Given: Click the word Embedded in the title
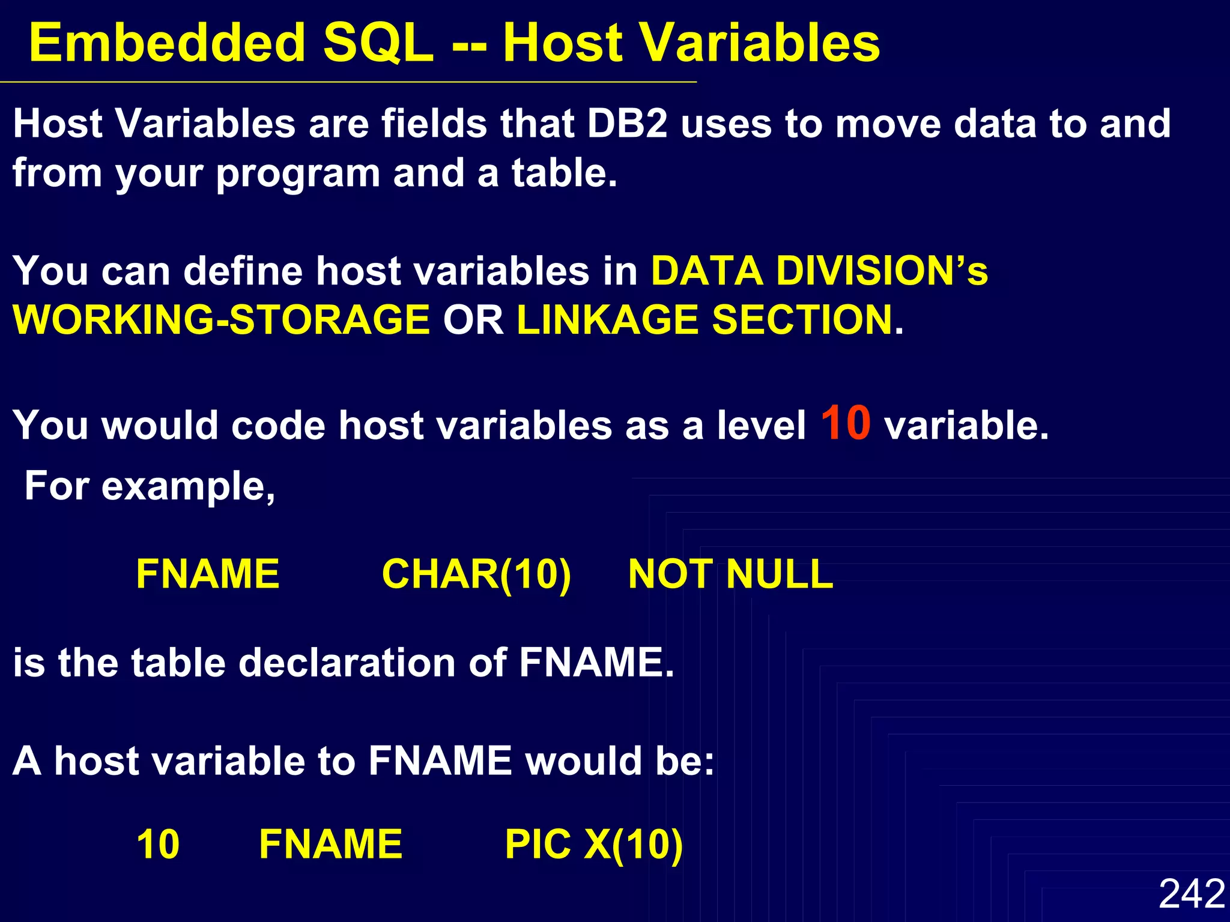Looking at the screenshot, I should [167, 43].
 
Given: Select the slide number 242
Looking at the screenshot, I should [1192, 893].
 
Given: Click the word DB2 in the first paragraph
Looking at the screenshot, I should [627, 124].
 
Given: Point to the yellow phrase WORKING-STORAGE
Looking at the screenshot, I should [221, 319].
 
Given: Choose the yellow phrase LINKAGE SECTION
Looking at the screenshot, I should [704, 319].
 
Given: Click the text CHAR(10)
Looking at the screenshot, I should [476, 574].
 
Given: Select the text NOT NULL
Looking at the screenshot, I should [730, 574].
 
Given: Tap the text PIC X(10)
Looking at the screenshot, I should [593, 845].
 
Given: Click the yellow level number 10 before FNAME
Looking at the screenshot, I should [158, 845].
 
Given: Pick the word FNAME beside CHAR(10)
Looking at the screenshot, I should [208, 574].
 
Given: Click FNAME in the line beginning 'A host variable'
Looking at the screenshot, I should [440, 761].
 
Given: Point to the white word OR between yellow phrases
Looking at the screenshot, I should [473, 319].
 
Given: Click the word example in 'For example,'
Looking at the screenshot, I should [188, 486].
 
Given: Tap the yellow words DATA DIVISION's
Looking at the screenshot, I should [819, 271].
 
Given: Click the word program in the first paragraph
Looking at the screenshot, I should [298, 174].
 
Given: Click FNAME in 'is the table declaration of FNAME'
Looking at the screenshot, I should [596, 663].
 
